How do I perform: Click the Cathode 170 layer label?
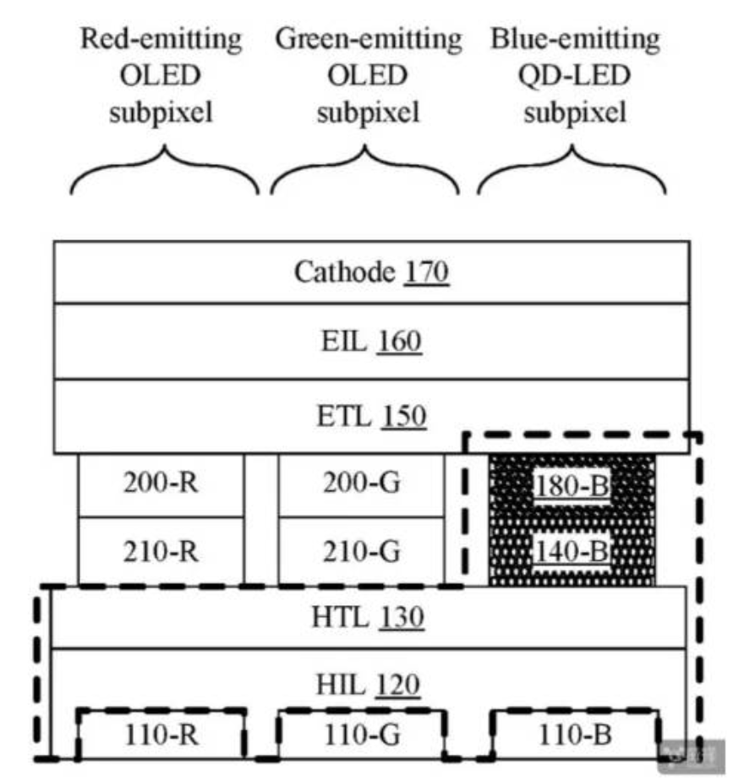(370, 272)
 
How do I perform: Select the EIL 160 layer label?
(370, 342)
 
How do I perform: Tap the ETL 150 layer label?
(370, 417)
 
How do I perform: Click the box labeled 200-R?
(161, 485)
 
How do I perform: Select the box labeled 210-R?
(161, 551)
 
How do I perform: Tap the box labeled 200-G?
(361, 485)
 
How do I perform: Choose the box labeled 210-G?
(361, 551)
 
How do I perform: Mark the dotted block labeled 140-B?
(572, 551)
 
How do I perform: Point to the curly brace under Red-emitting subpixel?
(164, 169)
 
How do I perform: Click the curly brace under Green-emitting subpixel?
(365, 169)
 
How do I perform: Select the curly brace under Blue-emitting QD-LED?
(572, 169)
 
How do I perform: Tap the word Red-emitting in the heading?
(161, 40)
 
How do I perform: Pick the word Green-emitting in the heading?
(369, 40)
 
